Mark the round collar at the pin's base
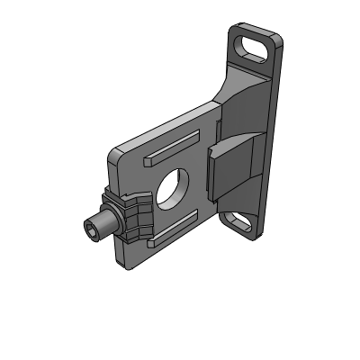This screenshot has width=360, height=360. tap(112, 222)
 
